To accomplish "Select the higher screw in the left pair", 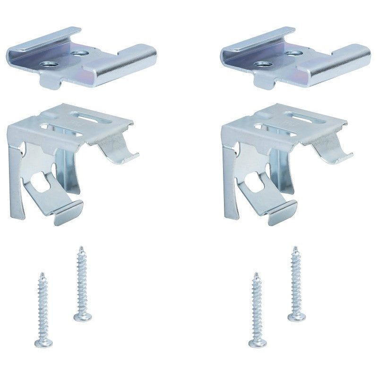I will [81, 283].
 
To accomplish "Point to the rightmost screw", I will [296, 283].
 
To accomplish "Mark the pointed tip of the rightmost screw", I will [295, 248].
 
